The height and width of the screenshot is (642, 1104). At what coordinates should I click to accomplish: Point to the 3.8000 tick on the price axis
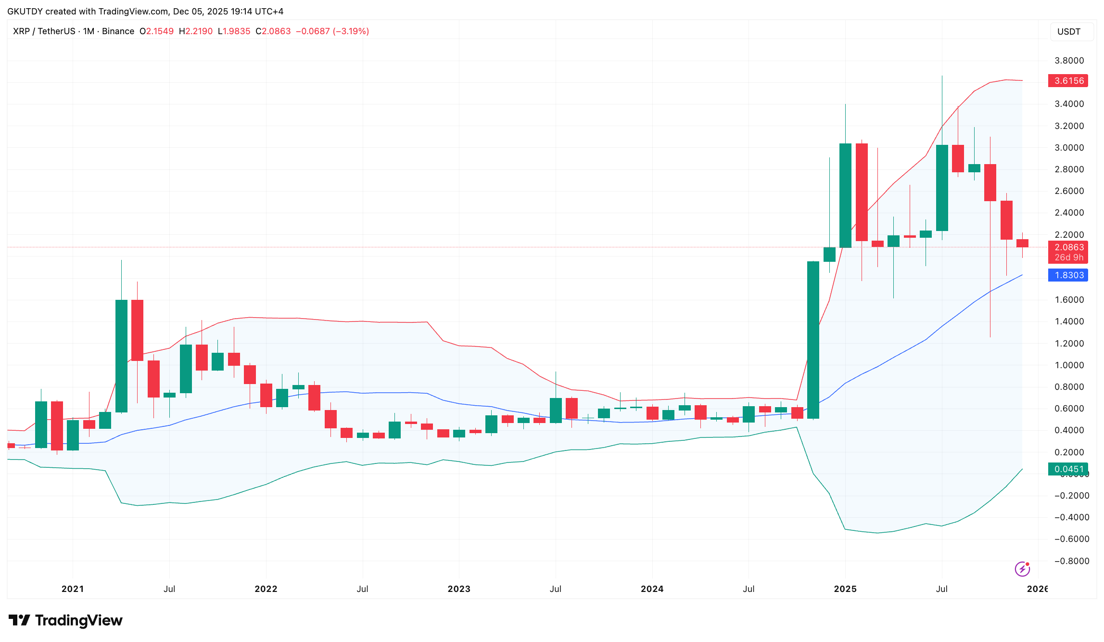click(1069, 61)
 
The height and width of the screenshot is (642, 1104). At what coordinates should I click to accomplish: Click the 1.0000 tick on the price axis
click(1069, 365)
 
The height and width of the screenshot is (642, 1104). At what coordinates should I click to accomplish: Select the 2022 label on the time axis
click(266, 589)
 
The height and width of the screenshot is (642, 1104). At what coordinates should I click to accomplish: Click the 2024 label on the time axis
click(652, 589)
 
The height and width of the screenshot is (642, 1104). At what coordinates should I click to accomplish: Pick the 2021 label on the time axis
click(73, 589)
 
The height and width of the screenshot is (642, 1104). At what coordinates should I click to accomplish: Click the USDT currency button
click(1069, 32)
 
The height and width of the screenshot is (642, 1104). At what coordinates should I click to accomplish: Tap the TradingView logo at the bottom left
click(65, 620)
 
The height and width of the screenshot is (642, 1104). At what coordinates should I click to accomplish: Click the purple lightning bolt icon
click(1022, 569)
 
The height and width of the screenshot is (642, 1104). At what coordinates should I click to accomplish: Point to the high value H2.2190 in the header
click(196, 31)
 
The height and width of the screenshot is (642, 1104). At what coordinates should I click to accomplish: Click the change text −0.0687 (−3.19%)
click(332, 31)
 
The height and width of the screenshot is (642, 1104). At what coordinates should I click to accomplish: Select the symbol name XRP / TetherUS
click(44, 31)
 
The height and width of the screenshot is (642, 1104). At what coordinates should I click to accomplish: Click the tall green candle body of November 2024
click(813, 339)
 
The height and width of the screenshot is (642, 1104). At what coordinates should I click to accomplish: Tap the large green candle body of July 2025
click(942, 188)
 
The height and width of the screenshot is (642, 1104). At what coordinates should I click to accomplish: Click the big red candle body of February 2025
click(862, 192)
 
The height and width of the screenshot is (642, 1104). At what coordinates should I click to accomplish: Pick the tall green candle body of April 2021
click(121, 356)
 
